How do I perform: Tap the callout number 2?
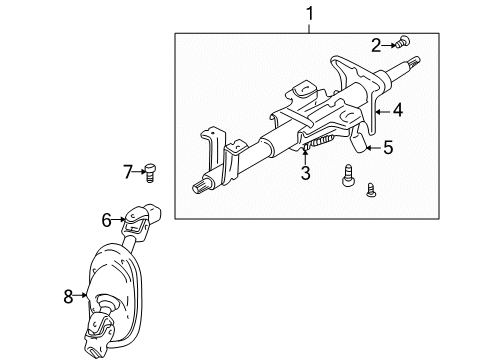pyautogui.click(x=376, y=44)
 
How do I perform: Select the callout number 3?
pyautogui.click(x=306, y=174)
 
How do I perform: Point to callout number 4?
pyautogui.click(x=398, y=112)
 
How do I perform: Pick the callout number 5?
pyautogui.click(x=388, y=148)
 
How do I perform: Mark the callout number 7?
pyautogui.click(x=128, y=172)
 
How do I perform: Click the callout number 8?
pyautogui.click(x=68, y=295)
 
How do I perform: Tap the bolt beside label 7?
pyautogui.click(x=149, y=173)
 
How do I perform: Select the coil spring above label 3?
pyautogui.click(x=316, y=150)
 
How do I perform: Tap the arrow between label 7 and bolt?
pyautogui.click(x=138, y=172)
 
